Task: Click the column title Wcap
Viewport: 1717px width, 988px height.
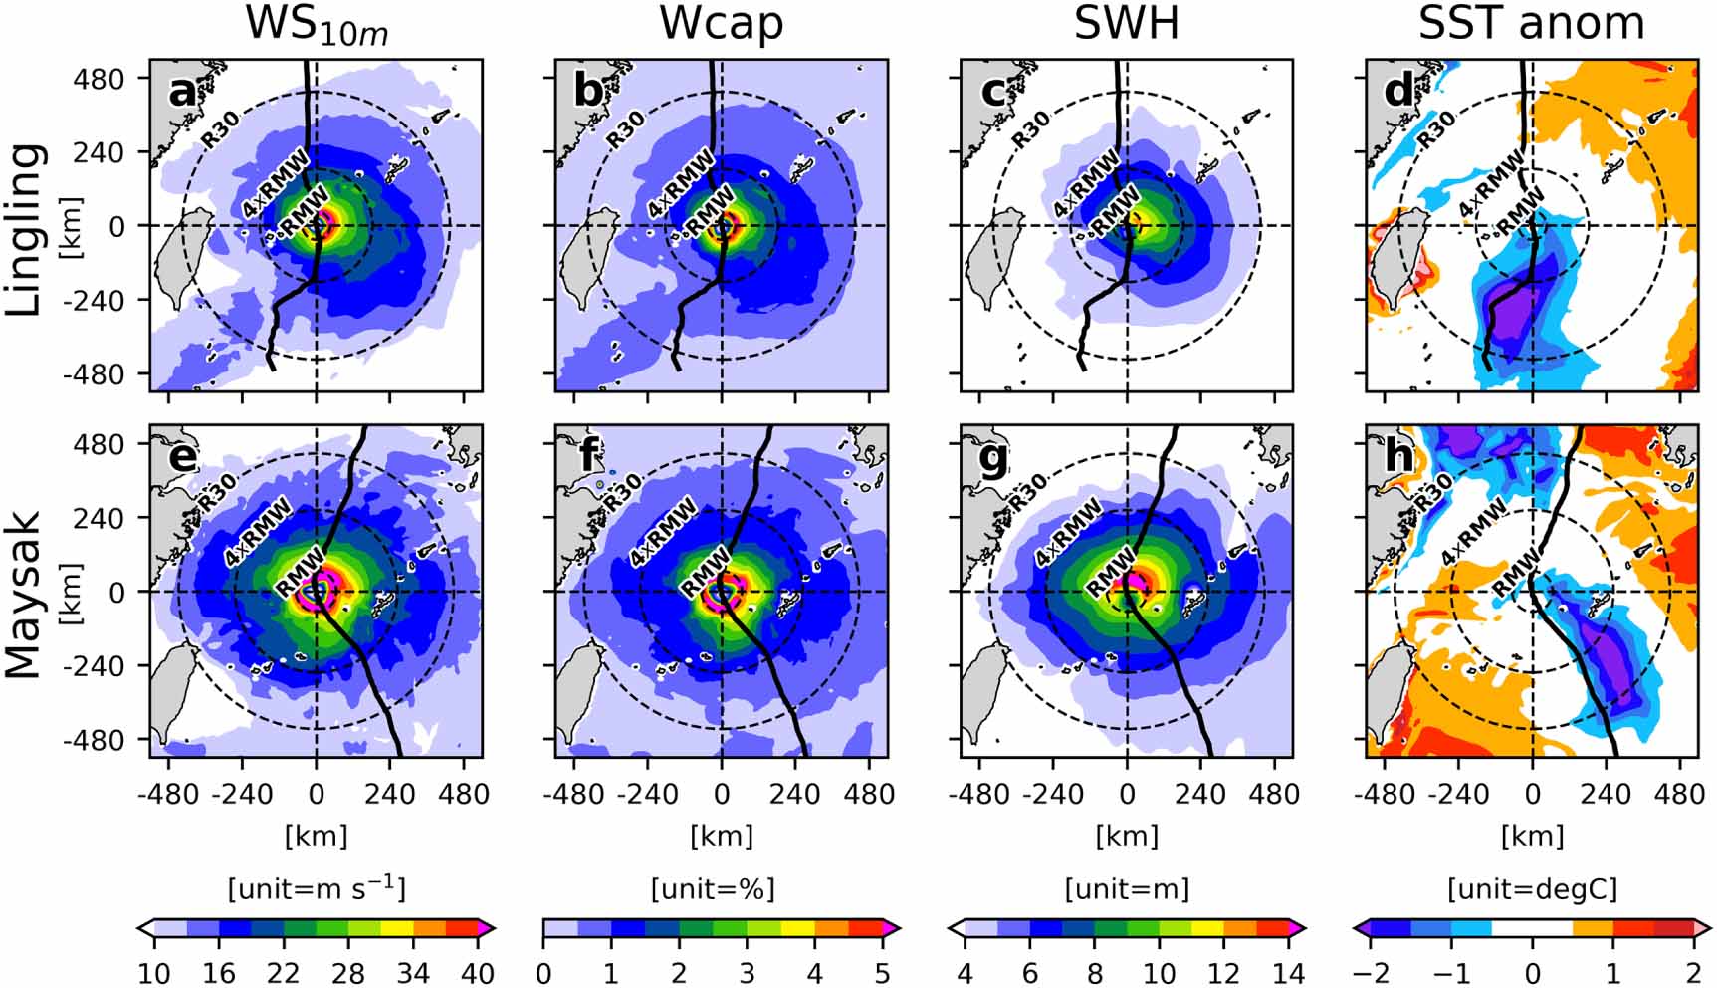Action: (721, 24)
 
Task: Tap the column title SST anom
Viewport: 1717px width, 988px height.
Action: (1531, 24)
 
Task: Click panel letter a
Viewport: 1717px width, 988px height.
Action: (181, 91)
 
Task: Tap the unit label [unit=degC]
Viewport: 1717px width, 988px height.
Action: (1531, 888)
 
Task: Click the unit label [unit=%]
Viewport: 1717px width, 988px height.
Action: (713, 888)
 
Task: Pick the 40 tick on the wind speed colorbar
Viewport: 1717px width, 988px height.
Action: (478, 972)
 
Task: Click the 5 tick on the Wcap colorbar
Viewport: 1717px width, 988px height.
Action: (882, 972)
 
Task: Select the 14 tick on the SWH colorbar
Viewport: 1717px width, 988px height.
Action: (1288, 972)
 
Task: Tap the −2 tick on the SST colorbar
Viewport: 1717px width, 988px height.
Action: (1372, 972)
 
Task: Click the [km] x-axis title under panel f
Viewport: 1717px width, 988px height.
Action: (721, 835)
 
